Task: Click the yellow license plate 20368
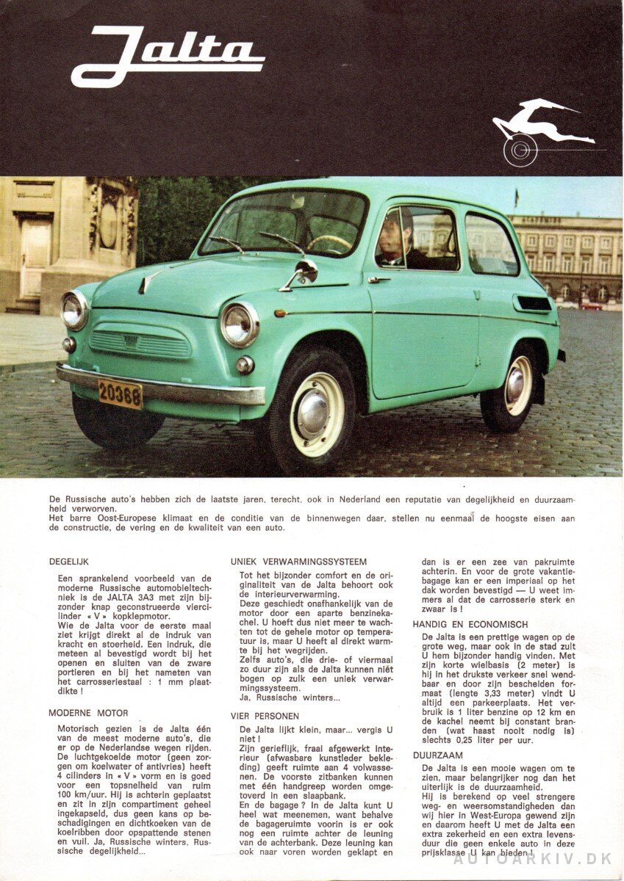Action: (x=120, y=394)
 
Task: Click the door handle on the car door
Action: (x=379, y=279)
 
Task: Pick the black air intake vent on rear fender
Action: (x=533, y=303)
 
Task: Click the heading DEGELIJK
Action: (x=69, y=562)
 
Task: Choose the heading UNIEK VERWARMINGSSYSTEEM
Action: (x=298, y=562)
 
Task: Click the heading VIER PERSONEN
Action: (x=265, y=716)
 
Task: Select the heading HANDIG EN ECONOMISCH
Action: (x=470, y=624)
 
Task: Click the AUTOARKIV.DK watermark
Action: (x=537, y=859)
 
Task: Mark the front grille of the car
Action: (x=140, y=342)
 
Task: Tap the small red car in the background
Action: (x=590, y=305)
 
